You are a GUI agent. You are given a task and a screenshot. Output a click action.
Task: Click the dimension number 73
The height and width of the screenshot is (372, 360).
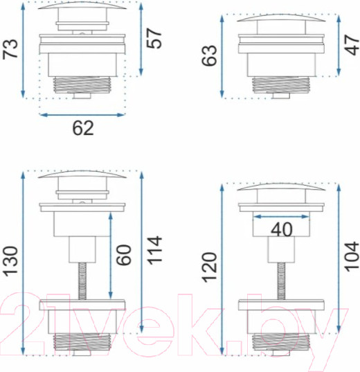(10, 49)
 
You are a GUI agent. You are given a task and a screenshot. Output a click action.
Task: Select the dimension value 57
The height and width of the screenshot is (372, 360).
(154, 38)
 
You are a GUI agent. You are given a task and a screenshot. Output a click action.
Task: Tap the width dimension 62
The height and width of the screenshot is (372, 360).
(83, 128)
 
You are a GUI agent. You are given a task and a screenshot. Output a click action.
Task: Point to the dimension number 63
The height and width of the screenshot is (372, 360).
(209, 55)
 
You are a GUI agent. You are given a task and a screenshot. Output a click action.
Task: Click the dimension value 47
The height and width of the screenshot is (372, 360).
(352, 45)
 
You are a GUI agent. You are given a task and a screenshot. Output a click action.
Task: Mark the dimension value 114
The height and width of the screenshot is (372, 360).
(154, 251)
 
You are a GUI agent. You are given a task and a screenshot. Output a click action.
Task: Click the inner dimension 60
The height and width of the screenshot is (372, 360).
(123, 255)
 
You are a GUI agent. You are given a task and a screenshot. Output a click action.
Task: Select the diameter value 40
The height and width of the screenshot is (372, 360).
(282, 230)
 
